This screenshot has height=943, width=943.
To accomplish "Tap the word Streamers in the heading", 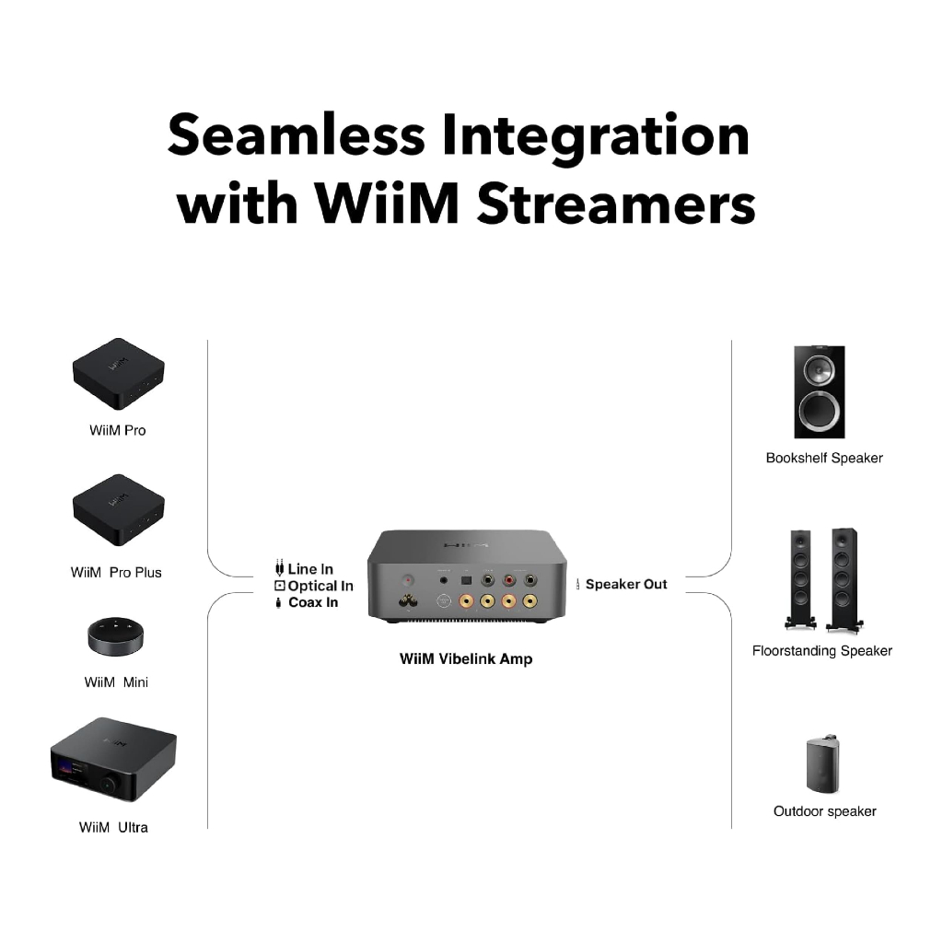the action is coord(616,204).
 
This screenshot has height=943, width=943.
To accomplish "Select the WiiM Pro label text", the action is coord(118,431).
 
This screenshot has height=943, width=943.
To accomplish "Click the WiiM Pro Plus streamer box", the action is coord(119,510).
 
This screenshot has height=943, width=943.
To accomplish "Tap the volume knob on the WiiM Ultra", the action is coord(110,785).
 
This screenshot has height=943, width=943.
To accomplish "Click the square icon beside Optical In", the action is coord(280,586).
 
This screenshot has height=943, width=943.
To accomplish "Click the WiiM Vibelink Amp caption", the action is coord(466,659).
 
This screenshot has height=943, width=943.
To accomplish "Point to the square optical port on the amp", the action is coord(466,581).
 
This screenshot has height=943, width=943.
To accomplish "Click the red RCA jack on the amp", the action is coord(508,580).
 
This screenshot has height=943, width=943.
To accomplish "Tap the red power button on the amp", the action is coord(408,581).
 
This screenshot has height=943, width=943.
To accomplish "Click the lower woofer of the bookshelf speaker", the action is coord(819,412).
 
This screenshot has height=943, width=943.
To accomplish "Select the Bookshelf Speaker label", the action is coord(824,459).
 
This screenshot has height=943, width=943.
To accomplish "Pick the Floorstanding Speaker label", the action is coord(822,651).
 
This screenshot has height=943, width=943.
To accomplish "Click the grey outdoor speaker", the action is coord(822,763).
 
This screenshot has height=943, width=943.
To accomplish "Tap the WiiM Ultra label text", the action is coord(113,828).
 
